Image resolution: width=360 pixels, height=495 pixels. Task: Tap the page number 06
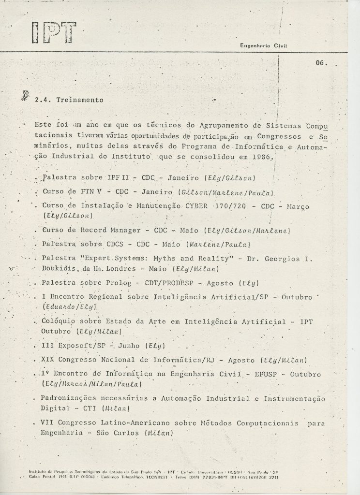click(320, 62)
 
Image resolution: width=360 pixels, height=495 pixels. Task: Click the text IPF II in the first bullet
click(109, 178)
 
